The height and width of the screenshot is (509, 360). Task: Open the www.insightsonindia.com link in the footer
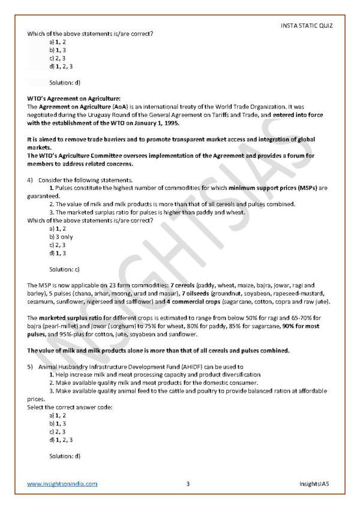coord(62,484)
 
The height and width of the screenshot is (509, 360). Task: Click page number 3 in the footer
coord(188,484)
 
